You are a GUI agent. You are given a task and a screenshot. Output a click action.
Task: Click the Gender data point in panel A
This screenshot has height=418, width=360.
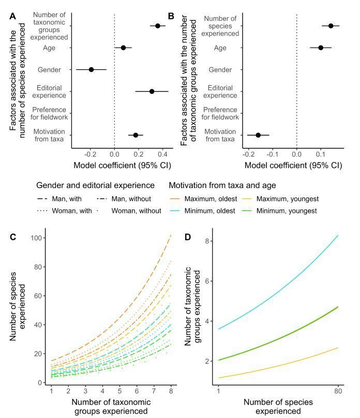click(x=91, y=69)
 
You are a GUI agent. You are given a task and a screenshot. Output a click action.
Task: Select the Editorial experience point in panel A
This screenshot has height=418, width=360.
click(x=152, y=91)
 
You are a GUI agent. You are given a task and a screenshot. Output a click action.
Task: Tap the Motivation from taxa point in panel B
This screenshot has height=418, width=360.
click(x=258, y=135)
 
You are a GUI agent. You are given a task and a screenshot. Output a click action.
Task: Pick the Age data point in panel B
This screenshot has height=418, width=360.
click(x=321, y=48)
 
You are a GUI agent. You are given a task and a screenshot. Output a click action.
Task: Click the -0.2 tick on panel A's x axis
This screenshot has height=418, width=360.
click(x=91, y=154)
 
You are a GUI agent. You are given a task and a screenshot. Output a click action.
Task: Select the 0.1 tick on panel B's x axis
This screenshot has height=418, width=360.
click(x=321, y=154)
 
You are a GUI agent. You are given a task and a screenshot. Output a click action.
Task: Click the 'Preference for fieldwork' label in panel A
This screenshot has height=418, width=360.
click(x=49, y=114)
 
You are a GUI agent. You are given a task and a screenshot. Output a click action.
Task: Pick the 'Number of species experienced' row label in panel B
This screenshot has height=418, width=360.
click(x=221, y=26)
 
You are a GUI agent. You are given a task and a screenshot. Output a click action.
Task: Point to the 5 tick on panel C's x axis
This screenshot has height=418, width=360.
click(x=119, y=393)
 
